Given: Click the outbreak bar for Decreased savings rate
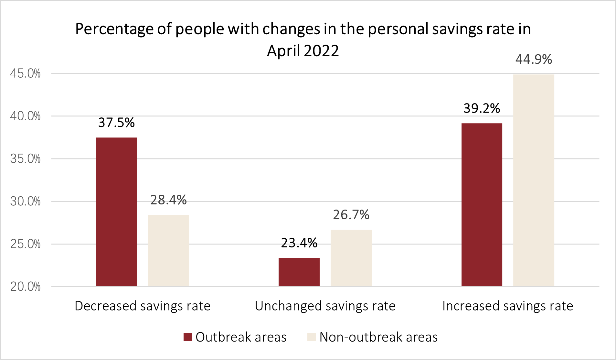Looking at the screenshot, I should (116, 212).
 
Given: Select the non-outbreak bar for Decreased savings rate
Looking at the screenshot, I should (168, 251).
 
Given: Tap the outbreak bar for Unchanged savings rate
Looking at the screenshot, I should (299, 272).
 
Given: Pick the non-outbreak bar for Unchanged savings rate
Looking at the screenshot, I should (351, 258).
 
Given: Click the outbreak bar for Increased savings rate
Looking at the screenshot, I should (482, 205).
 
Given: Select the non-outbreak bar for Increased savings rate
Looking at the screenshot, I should (534, 180).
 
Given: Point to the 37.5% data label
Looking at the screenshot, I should (116, 123).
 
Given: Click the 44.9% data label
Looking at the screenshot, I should (534, 60).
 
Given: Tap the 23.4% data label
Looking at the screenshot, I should (299, 243).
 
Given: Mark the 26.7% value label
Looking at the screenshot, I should (351, 215).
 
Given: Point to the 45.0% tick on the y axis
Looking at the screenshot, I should (25, 73).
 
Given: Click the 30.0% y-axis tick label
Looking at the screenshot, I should (25, 202).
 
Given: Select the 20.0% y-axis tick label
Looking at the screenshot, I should (25, 287).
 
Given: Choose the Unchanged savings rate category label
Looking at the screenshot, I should (325, 306).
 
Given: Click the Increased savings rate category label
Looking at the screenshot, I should (507, 306).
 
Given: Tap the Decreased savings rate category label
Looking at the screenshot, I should (143, 306).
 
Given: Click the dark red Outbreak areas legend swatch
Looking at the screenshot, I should (188, 337).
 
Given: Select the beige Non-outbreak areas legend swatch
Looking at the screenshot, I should (311, 337).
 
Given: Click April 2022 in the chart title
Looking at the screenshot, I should (303, 51).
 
